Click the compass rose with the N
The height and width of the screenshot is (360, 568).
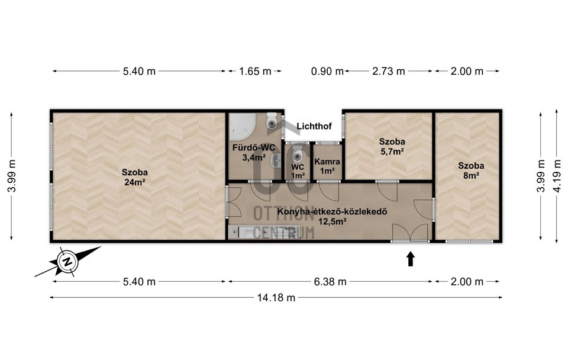(x=67, y=261)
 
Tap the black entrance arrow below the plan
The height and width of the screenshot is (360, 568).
(x=411, y=259)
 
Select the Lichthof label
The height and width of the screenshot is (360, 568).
(x=314, y=126)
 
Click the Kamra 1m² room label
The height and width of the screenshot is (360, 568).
(x=327, y=166)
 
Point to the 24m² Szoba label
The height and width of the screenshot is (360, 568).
(x=135, y=177)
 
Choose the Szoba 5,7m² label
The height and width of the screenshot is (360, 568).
(x=392, y=146)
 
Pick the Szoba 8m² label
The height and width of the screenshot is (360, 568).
(x=471, y=171)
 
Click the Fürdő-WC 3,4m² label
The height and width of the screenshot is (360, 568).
(x=254, y=152)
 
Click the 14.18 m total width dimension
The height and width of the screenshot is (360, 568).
(x=276, y=298)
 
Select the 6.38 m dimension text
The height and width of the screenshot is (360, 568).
(x=330, y=281)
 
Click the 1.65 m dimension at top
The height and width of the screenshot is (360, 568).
(x=255, y=71)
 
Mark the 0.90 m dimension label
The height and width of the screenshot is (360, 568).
(x=327, y=71)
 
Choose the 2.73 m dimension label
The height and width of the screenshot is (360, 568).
(x=388, y=71)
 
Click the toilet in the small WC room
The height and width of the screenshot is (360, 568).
(x=298, y=155)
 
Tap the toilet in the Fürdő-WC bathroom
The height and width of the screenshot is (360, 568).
(x=272, y=121)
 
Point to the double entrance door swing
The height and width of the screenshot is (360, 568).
(x=410, y=232)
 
